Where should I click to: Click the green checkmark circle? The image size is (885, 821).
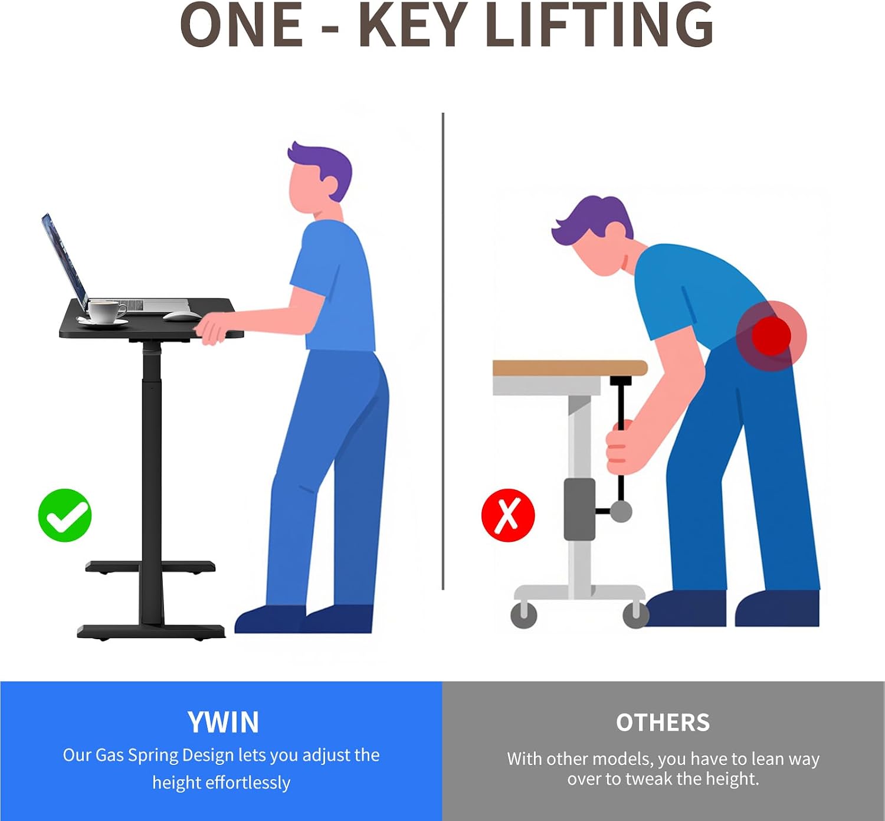pyautogui.click(x=65, y=515)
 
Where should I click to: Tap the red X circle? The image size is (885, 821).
pyautogui.click(x=508, y=515)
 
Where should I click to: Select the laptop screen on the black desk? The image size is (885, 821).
pyautogui.click(x=64, y=261)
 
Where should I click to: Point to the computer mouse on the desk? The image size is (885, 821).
pyautogui.click(x=182, y=316)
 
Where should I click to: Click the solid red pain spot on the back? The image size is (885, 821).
pyautogui.click(x=771, y=335)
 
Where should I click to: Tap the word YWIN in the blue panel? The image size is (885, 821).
pyautogui.click(x=223, y=722)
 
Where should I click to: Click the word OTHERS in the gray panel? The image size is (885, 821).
pyautogui.click(x=663, y=722)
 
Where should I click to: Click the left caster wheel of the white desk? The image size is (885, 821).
pyautogui.click(x=523, y=614)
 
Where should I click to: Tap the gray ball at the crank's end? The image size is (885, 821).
pyautogui.click(x=621, y=511)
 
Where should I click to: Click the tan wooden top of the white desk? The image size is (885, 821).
pyautogui.click(x=570, y=368)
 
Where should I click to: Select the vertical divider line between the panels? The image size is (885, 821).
pyautogui.click(x=443, y=351)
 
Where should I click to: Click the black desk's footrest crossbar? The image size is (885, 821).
pyautogui.click(x=150, y=567)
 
